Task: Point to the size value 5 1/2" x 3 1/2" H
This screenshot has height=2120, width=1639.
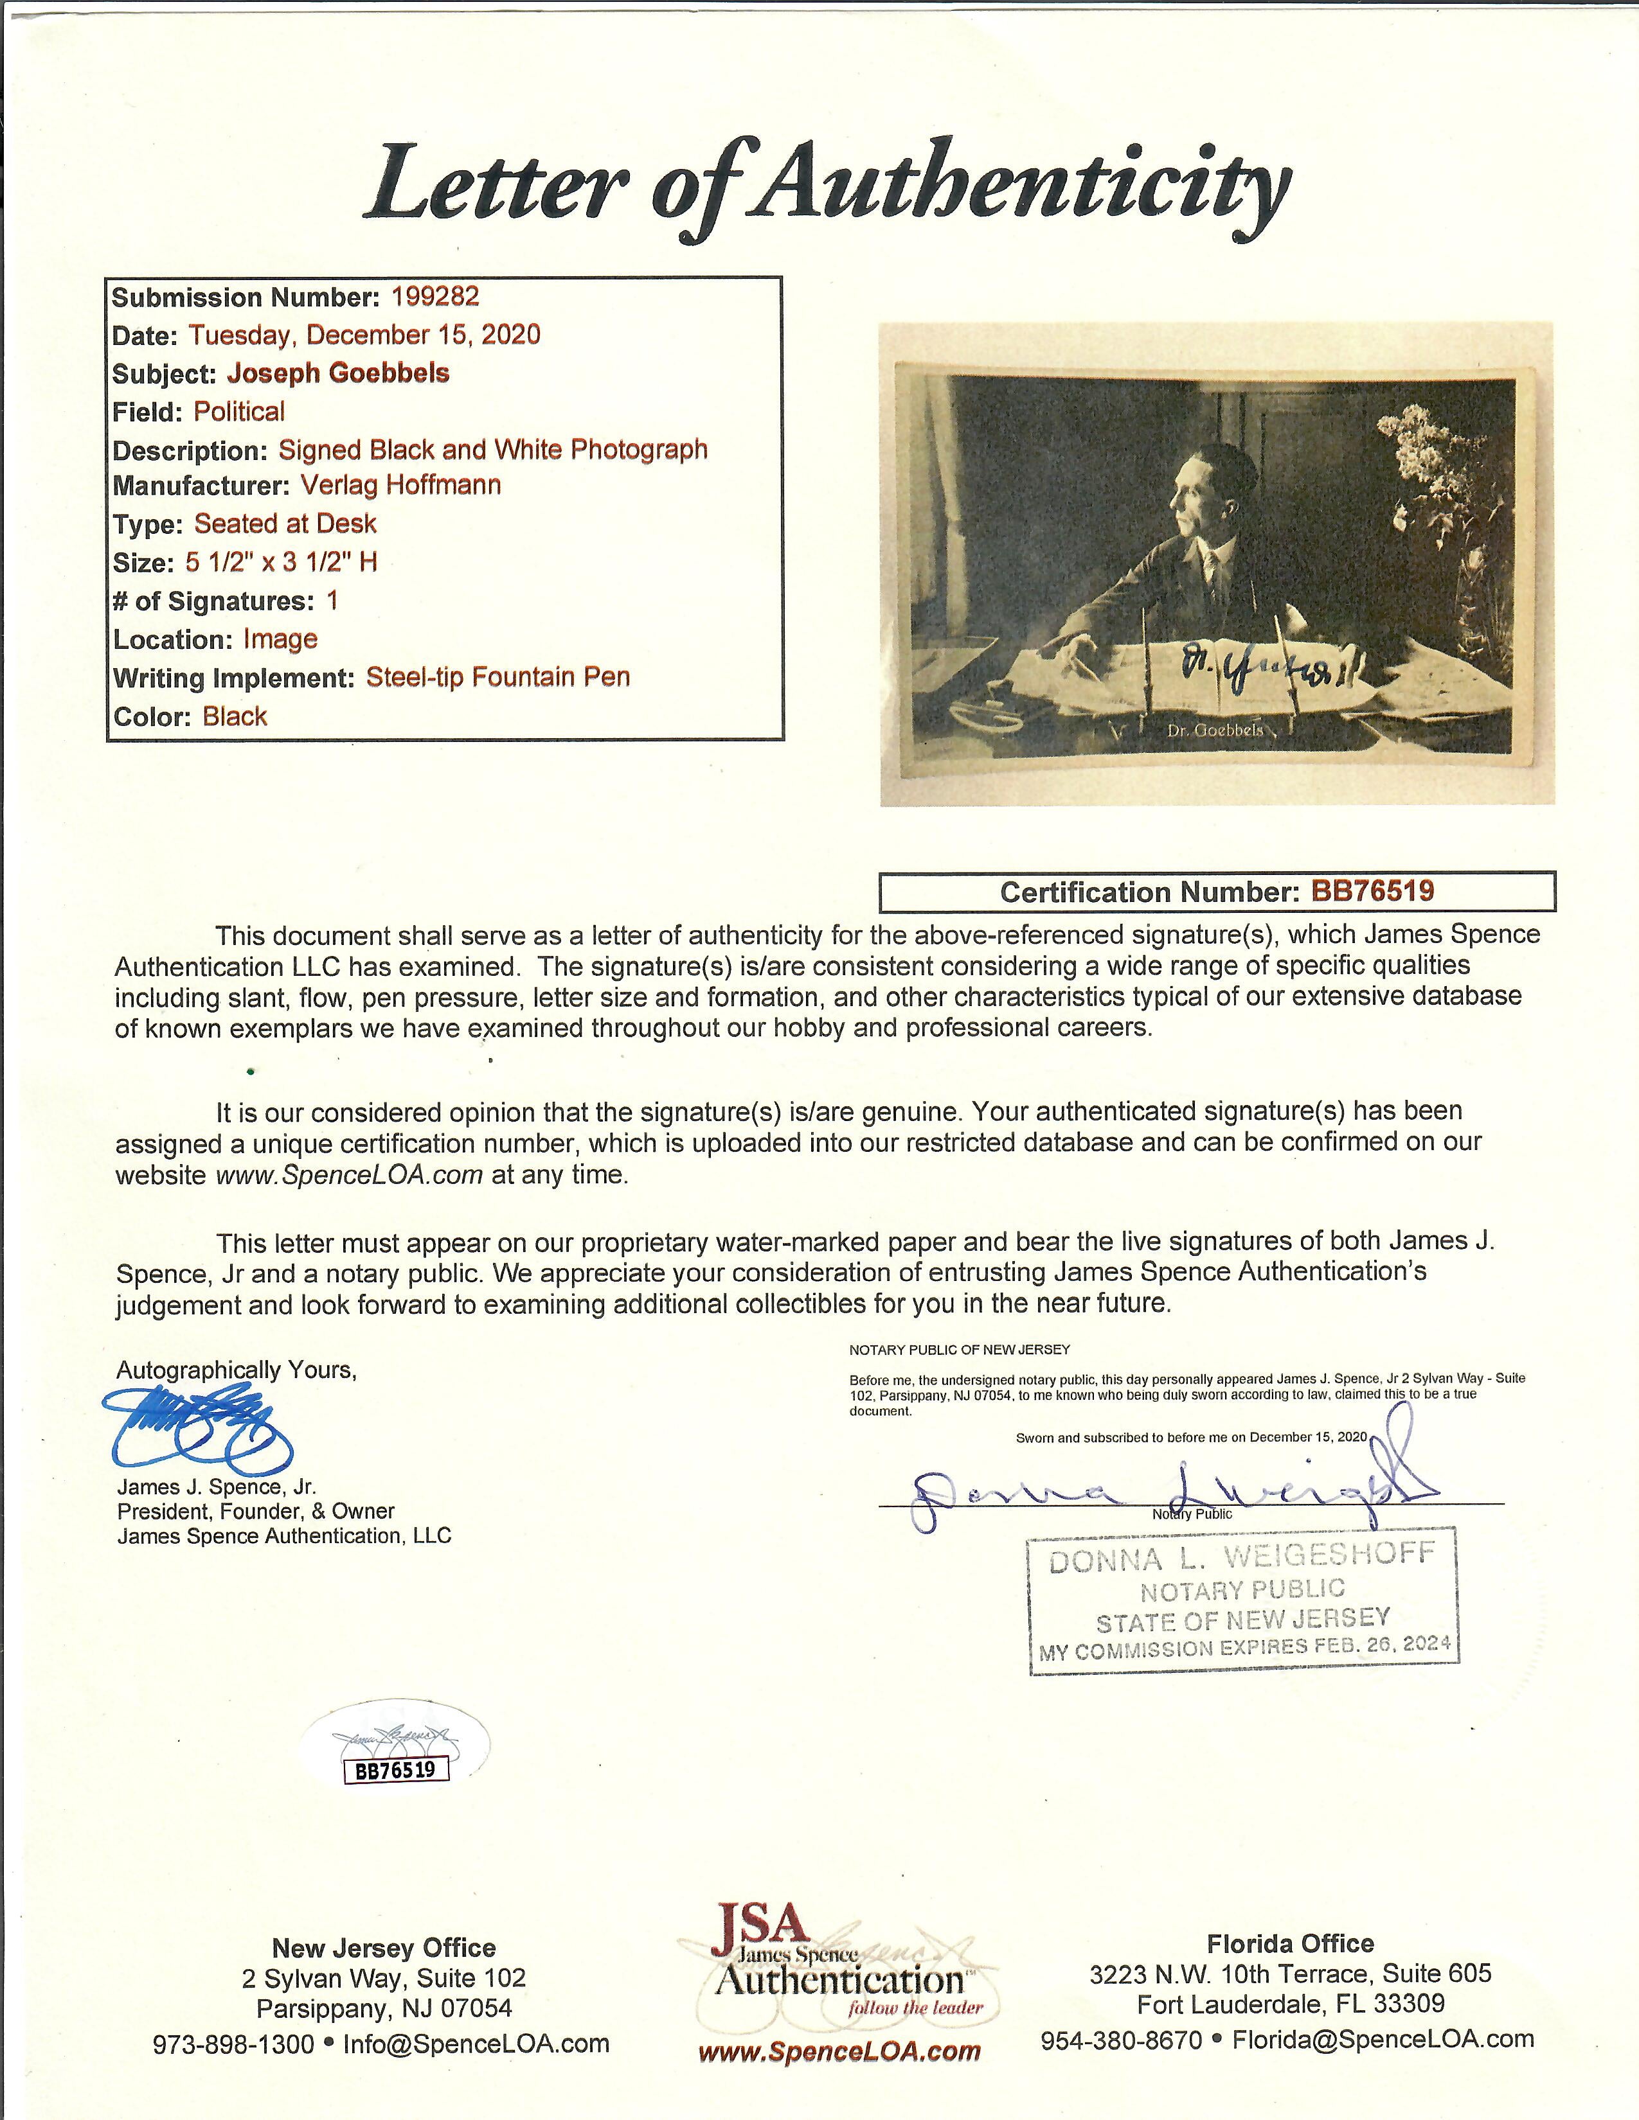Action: [x=282, y=562]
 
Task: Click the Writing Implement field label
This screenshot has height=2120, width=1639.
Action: [x=233, y=678]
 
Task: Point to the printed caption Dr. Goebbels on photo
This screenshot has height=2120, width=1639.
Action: [x=1215, y=730]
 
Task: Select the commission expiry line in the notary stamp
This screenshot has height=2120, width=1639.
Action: [x=1244, y=1647]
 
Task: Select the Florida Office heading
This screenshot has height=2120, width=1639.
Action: [x=1289, y=1916]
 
